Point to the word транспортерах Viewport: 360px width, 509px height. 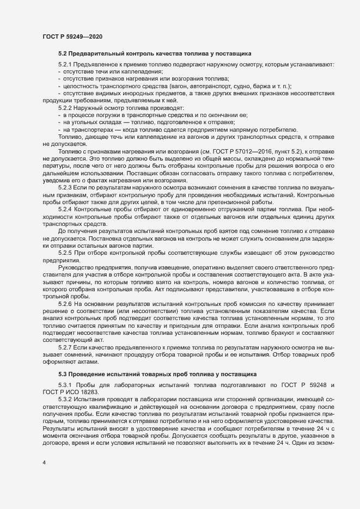[90, 130]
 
